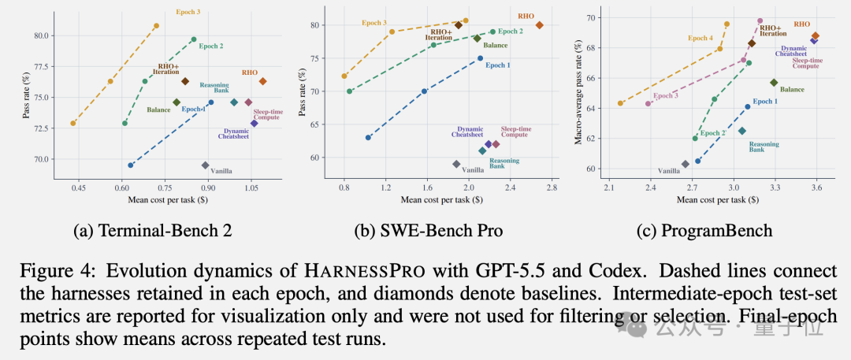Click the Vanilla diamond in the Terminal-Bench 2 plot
(205, 165)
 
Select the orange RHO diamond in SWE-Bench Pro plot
(540, 25)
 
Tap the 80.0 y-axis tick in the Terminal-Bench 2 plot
(43, 35)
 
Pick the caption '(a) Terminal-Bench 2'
(153, 231)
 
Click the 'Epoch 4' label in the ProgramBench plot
(700, 39)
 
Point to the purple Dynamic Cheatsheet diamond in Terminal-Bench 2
(254, 123)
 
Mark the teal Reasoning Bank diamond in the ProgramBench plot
(742, 131)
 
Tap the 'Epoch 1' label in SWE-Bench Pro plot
(498, 65)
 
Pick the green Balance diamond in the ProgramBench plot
(774, 83)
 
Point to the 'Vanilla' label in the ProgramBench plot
(669, 170)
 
